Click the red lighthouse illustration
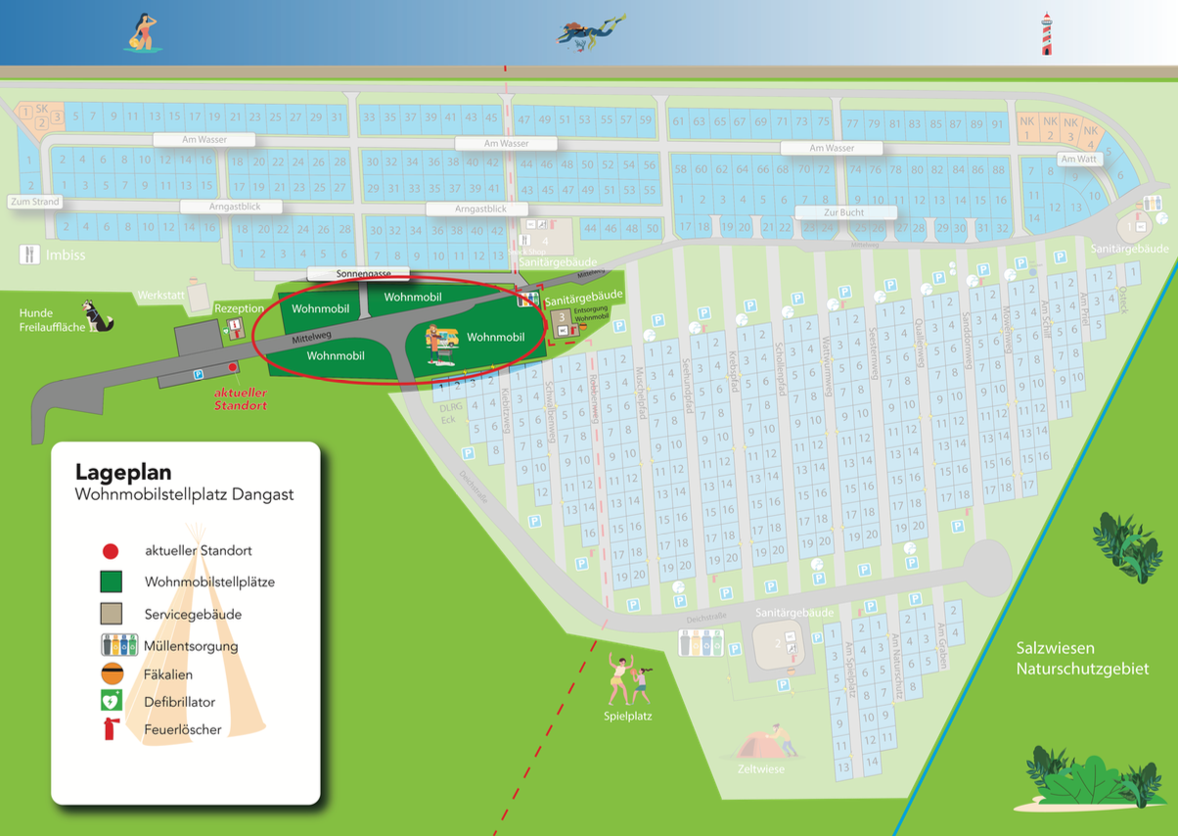[x=1047, y=33]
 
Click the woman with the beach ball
[x=142, y=33]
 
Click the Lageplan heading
[x=123, y=473]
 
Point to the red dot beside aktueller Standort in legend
[x=111, y=551]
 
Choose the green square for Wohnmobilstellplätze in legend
[x=111, y=582]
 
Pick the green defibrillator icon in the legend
[x=111, y=701]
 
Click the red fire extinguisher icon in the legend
[x=111, y=729]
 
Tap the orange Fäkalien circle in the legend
[x=112, y=673]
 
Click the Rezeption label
[x=240, y=309]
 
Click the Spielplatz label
[x=627, y=716]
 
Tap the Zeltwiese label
[x=760, y=768]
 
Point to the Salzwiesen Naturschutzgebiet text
[x=1082, y=659]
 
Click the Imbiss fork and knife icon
[x=29, y=255]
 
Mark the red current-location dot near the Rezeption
[x=233, y=367]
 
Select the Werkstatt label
[x=160, y=294]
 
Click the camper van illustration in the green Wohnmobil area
[x=443, y=344]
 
